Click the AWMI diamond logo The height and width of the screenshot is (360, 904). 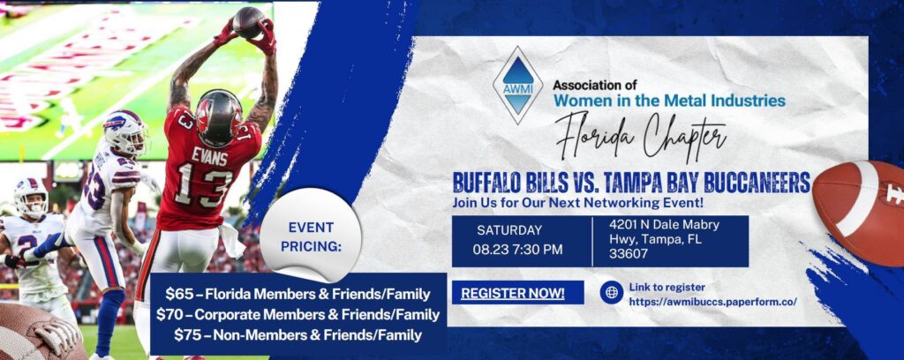click(x=517, y=86)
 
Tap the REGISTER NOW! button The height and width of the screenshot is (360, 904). click(x=513, y=293)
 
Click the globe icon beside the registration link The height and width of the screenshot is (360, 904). click(x=611, y=293)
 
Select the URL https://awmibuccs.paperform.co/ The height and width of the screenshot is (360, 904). click(x=713, y=301)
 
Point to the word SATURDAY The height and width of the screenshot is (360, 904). click(x=509, y=230)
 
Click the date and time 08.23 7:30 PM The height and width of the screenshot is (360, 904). click(x=517, y=250)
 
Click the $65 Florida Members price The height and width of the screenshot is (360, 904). click(x=298, y=295)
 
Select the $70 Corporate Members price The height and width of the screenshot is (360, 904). click(x=298, y=314)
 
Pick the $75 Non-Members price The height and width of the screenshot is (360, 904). click(x=298, y=334)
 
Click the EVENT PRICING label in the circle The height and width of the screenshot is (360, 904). click(x=311, y=236)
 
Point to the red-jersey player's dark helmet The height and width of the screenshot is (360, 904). click(x=219, y=117)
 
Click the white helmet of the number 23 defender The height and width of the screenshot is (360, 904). click(x=126, y=131)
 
